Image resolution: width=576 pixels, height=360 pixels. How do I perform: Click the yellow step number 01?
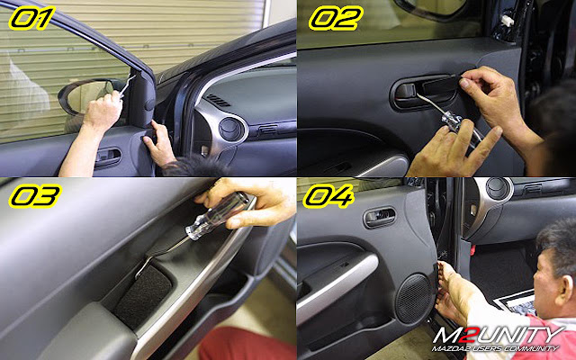coord(32,18)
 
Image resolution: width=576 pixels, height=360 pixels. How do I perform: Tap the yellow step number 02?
coord(336,18)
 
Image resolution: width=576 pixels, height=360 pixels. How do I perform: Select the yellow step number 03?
coord(35,196)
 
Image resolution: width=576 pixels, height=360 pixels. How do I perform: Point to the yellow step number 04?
coord(328,196)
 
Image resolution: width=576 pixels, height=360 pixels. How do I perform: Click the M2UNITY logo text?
coord(498,336)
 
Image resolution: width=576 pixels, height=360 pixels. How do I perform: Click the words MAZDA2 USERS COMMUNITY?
coord(495,348)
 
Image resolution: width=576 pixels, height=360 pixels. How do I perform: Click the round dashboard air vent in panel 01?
coord(230,129)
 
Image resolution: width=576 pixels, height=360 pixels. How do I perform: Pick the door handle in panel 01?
coord(108,157)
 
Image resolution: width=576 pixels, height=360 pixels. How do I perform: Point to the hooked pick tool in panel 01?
coord(127,85)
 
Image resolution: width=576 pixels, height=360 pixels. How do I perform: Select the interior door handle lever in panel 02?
coord(406,92)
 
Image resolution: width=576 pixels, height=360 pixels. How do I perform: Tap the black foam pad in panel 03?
coord(143,297)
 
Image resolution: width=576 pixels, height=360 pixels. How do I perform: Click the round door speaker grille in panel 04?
coord(414,298)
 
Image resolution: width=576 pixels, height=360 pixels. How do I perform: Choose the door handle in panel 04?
coord(380,217)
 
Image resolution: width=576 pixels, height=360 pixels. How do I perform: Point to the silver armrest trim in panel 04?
coord(336,285)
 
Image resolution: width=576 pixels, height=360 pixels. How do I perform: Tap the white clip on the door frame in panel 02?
coord(508,20)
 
